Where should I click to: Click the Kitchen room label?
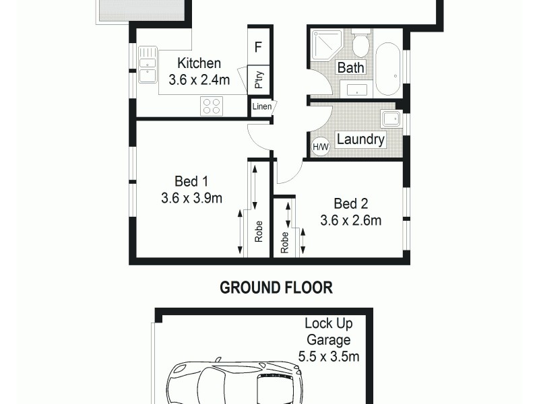coord(199,64)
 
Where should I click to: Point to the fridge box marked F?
coord(258,47)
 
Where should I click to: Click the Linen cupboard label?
coord(261,107)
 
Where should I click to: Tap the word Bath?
coord(350,68)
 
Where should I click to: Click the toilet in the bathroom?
coord(360,44)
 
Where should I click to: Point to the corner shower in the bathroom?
coord(324,46)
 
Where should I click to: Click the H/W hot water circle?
coord(320,146)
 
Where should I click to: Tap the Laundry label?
coord(360,140)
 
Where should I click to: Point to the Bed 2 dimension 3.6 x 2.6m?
coord(351,220)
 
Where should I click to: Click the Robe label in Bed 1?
coord(258,232)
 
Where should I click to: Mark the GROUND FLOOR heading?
coord(277,288)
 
